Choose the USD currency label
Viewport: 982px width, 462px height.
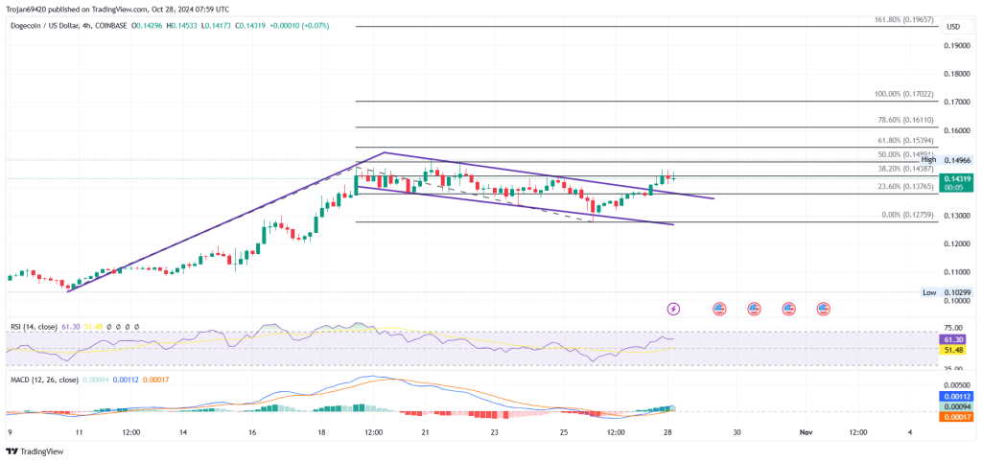tap(953, 26)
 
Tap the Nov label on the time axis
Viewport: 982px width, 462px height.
tap(806, 432)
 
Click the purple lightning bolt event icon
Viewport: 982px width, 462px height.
tap(673, 309)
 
